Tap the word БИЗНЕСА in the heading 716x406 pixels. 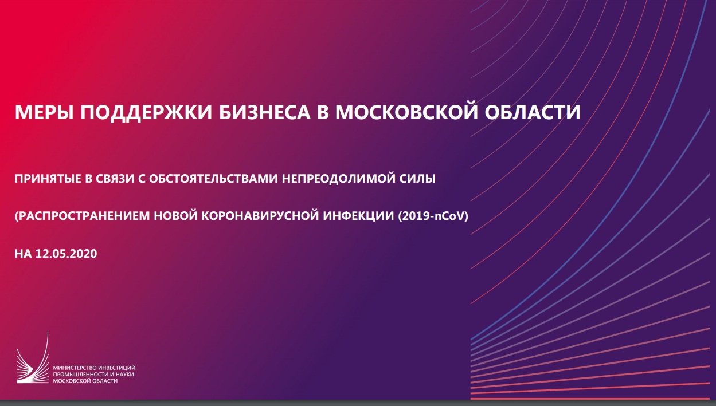pos(264,112)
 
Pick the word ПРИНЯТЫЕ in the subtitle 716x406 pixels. pos(48,179)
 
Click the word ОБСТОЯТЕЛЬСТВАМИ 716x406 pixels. pos(213,179)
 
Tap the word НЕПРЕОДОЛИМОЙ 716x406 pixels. pos(338,179)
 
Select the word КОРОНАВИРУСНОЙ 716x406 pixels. pos(260,216)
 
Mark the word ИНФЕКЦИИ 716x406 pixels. pos(358,216)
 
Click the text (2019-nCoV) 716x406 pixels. pos(433,216)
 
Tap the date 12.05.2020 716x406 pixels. pos(66,254)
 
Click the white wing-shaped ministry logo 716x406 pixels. pos(33,357)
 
